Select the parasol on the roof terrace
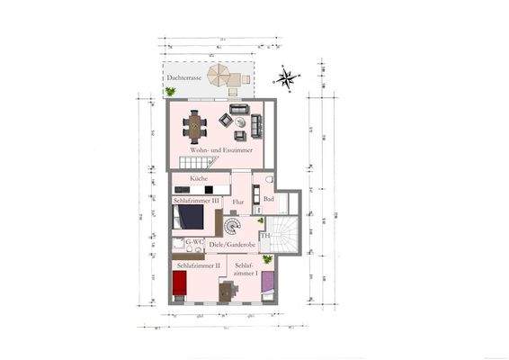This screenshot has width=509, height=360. [221, 75]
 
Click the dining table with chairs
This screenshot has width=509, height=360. [196, 124]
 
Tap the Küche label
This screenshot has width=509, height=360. [200, 180]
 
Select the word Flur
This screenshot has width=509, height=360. [238, 202]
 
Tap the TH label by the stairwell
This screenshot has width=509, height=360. [265, 236]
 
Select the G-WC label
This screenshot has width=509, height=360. [193, 242]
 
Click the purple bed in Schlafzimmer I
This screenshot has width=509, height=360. [268, 285]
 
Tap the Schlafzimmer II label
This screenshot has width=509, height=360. [199, 266]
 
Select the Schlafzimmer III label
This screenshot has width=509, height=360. [197, 201]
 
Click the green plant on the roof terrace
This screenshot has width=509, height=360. [171, 91]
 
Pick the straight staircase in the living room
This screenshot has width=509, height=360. [196, 163]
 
